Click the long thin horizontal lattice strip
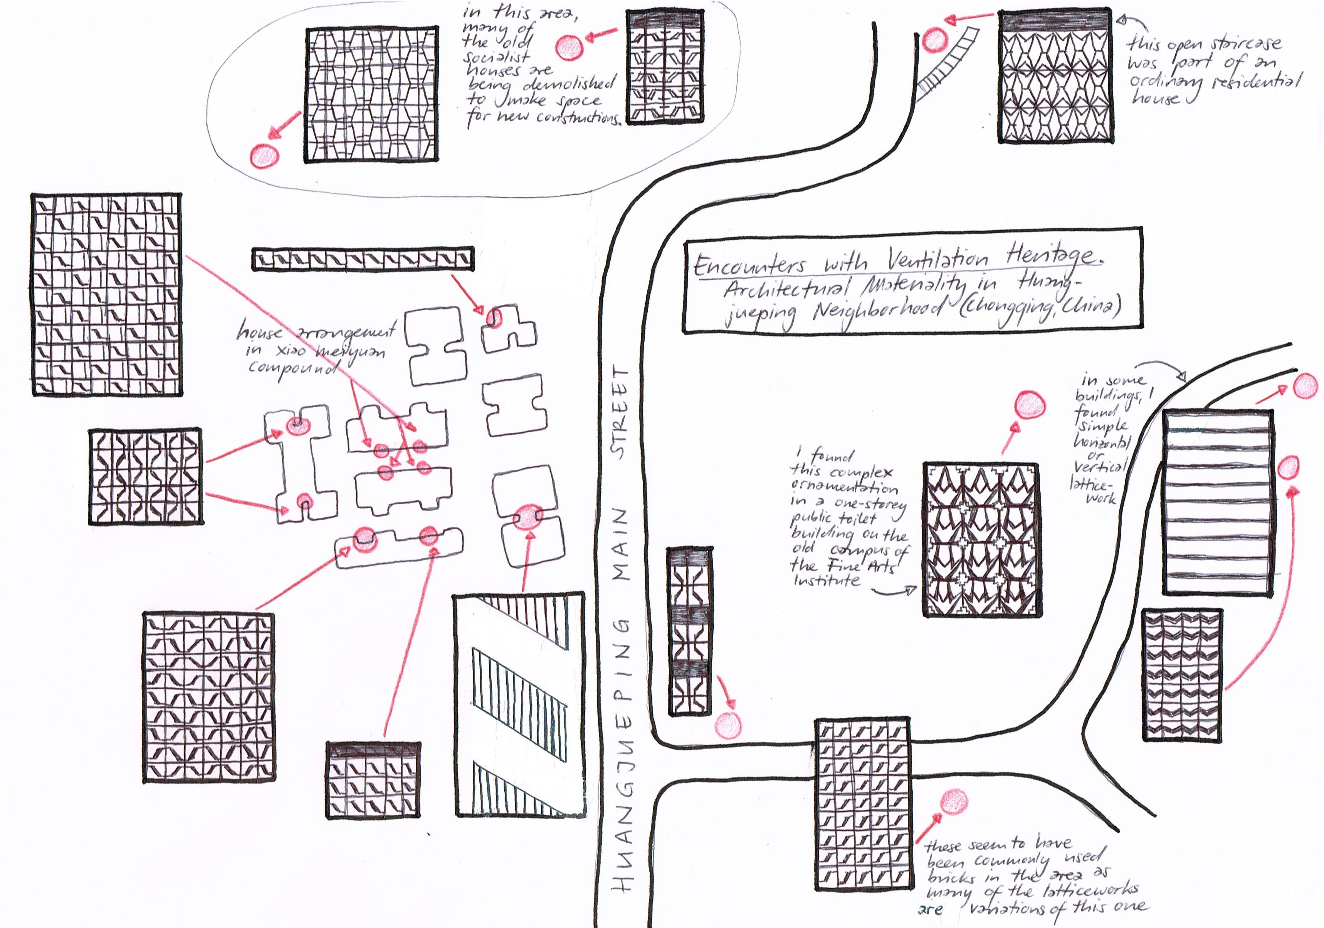363,259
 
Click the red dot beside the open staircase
934,40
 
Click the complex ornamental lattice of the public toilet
981,539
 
